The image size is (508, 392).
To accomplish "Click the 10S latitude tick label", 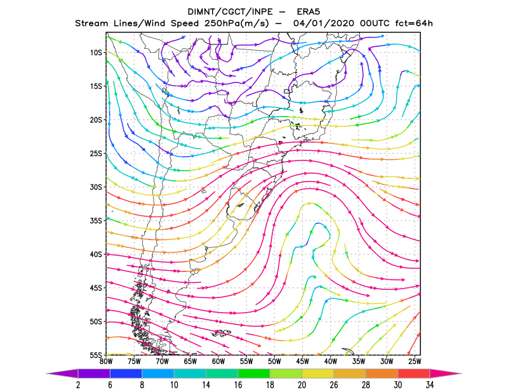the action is (x=96, y=53).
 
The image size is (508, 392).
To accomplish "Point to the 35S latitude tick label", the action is (x=96, y=221).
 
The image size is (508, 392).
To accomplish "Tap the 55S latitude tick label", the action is (x=96, y=355).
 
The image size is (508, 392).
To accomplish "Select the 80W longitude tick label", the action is (x=106, y=362).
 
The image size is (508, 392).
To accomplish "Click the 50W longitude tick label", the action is (x=274, y=362).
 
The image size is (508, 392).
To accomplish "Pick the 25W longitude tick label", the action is (x=415, y=362).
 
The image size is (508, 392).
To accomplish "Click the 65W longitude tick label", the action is (x=190, y=362).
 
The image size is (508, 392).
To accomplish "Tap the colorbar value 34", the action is (x=430, y=385).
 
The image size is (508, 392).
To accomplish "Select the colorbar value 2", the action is (x=78, y=385).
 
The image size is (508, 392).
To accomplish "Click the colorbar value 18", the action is (x=270, y=385).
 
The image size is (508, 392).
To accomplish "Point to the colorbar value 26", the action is (x=334, y=385).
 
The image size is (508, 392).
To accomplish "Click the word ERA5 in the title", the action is (x=309, y=12).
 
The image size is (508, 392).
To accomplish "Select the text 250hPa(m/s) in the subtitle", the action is (x=237, y=23).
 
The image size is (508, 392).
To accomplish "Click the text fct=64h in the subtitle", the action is (x=414, y=23).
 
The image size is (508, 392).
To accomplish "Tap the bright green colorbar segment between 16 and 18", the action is (x=253, y=374).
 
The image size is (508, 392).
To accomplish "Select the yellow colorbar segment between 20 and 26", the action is (x=318, y=374).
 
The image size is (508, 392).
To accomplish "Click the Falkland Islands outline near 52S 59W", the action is (x=222, y=332).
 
